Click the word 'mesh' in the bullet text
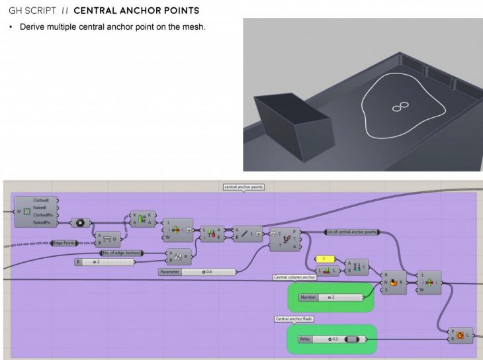point(195,26)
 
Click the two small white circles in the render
point(399,106)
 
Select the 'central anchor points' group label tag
point(244,187)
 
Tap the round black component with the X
point(81,223)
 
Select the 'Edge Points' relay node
point(66,244)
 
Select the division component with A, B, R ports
point(178,257)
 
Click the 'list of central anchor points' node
point(352,232)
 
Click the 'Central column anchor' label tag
point(295,277)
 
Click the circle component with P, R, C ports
point(461,336)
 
